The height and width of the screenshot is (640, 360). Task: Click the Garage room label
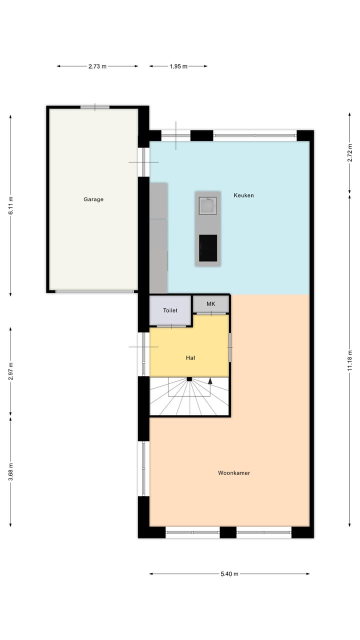(x=93, y=199)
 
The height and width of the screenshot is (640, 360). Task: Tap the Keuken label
(x=243, y=195)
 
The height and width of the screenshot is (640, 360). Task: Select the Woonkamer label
(x=233, y=473)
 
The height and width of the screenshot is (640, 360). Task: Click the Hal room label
(x=190, y=358)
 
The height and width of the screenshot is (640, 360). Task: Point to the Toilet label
(x=170, y=310)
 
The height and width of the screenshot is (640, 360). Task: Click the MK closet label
(x=210, y=304)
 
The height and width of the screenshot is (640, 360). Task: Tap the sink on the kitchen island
(x=207, y=205)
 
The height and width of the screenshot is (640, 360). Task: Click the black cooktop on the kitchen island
(x=208, y=248)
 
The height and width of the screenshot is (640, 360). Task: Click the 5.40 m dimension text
(x=229, y=574)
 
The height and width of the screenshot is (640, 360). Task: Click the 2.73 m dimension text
(x=97, y=66)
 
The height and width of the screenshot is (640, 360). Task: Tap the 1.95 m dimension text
(x=178, y=66)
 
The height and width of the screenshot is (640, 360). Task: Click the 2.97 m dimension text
(x=10, y=371)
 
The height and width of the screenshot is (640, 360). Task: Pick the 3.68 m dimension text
(x=10, y=471)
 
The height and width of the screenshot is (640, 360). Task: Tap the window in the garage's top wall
(x=95, y=107)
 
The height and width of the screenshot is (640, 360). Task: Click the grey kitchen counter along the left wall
(x=158, y=238)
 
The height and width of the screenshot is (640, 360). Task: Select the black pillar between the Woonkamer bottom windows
(x=228, y=532)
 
